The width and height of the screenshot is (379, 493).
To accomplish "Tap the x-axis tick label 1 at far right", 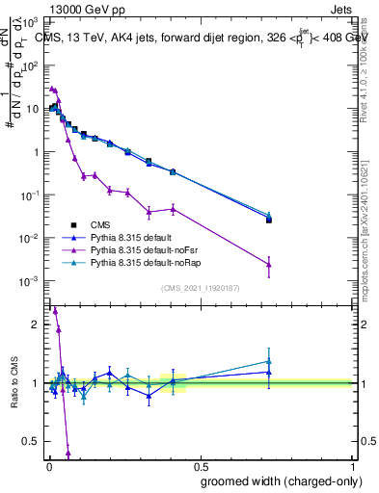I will (x=352, y=465).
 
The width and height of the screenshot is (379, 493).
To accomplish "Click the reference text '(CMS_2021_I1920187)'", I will (x=200, y=288).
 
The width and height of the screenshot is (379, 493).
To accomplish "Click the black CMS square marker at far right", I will (x=269, y=221).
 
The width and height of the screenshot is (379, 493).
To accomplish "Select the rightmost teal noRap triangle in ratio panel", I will (x=269, y=361).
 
